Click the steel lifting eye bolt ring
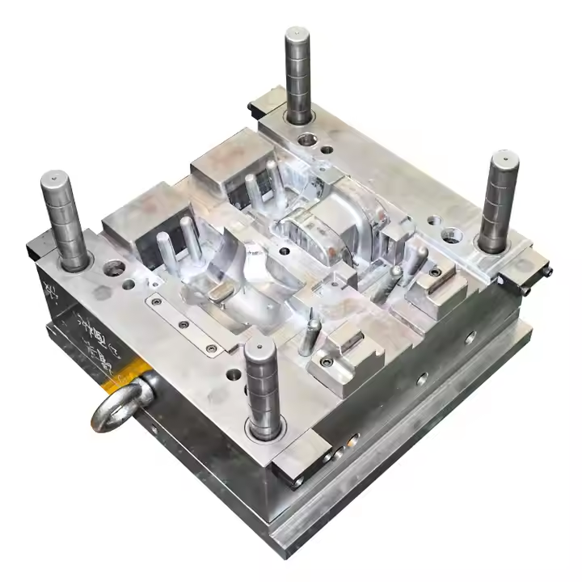pyautogui.click(x=122, y=404)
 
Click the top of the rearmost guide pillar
pyautogui.click(x=297, y=36)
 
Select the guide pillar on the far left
pyautogui.click(x=65, y=218)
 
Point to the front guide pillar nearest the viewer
pyautogui.click(x=264, y=388)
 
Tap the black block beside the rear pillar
pyautogui.click(x=263, y=101)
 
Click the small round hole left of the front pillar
pyautogui.click(x=234, y=375)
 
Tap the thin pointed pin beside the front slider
pyautogui.click(x=306, y=339)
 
